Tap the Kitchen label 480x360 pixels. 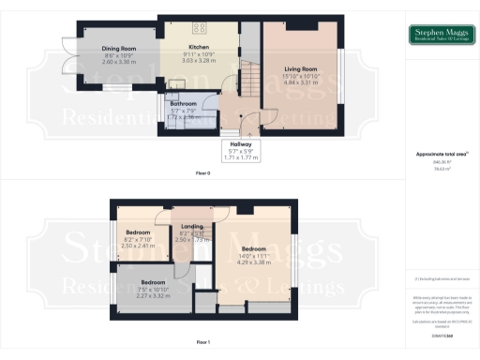click(198, 47)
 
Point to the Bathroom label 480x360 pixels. click(184, 104)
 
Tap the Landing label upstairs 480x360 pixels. click(190, 225)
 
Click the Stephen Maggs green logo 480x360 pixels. click(441, 36)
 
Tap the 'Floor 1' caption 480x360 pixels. click(202, 343)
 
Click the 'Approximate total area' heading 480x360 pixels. click(441, 154)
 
